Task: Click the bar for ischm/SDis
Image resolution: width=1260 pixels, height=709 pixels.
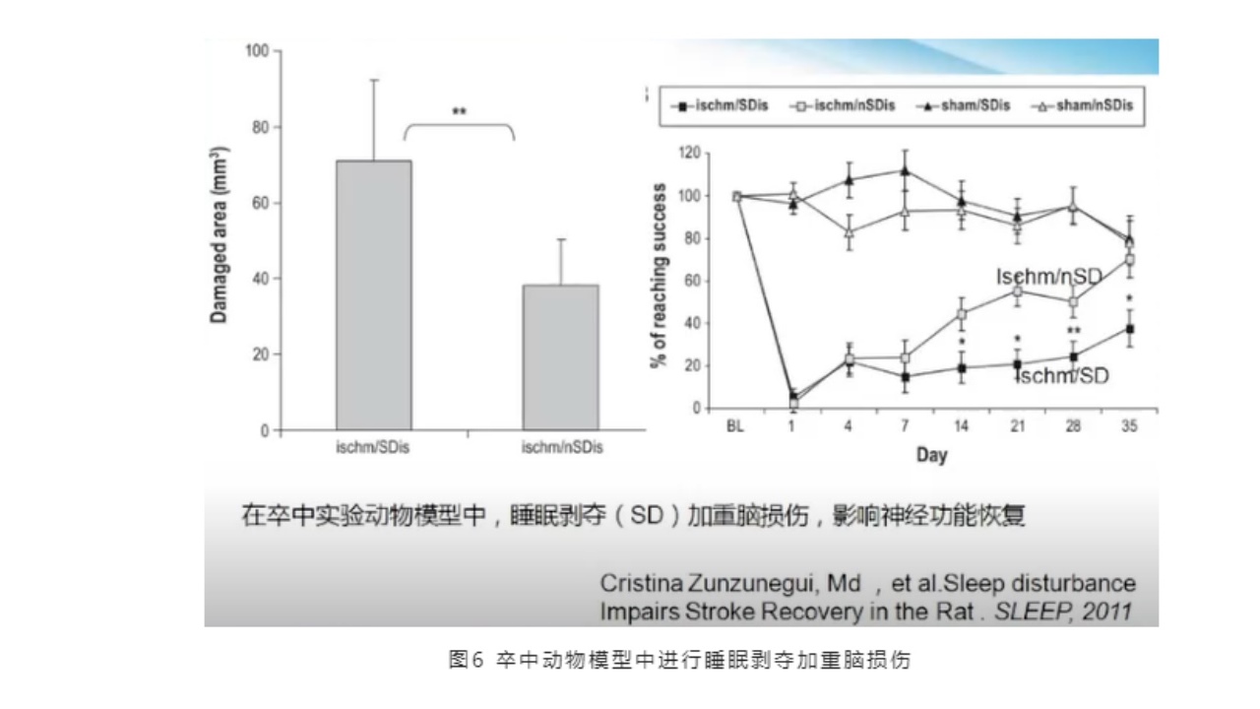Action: click(374, 295)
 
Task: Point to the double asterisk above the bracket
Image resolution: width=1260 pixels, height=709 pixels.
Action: click(459, 111)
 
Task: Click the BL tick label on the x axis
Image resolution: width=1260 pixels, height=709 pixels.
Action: click(734, 427)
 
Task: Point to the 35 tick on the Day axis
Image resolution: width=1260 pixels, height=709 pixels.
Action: click(1130, 427)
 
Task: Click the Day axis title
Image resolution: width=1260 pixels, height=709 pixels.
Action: click(931, 454)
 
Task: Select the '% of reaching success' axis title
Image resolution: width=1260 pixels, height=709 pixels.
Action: click(660, 276)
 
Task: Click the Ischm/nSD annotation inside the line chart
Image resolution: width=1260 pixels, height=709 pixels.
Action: click(1047, 279)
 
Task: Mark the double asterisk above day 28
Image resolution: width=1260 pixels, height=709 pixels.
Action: click(1073, 331)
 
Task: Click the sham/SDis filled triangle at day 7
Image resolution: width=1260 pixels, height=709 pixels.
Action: click(905, 170)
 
